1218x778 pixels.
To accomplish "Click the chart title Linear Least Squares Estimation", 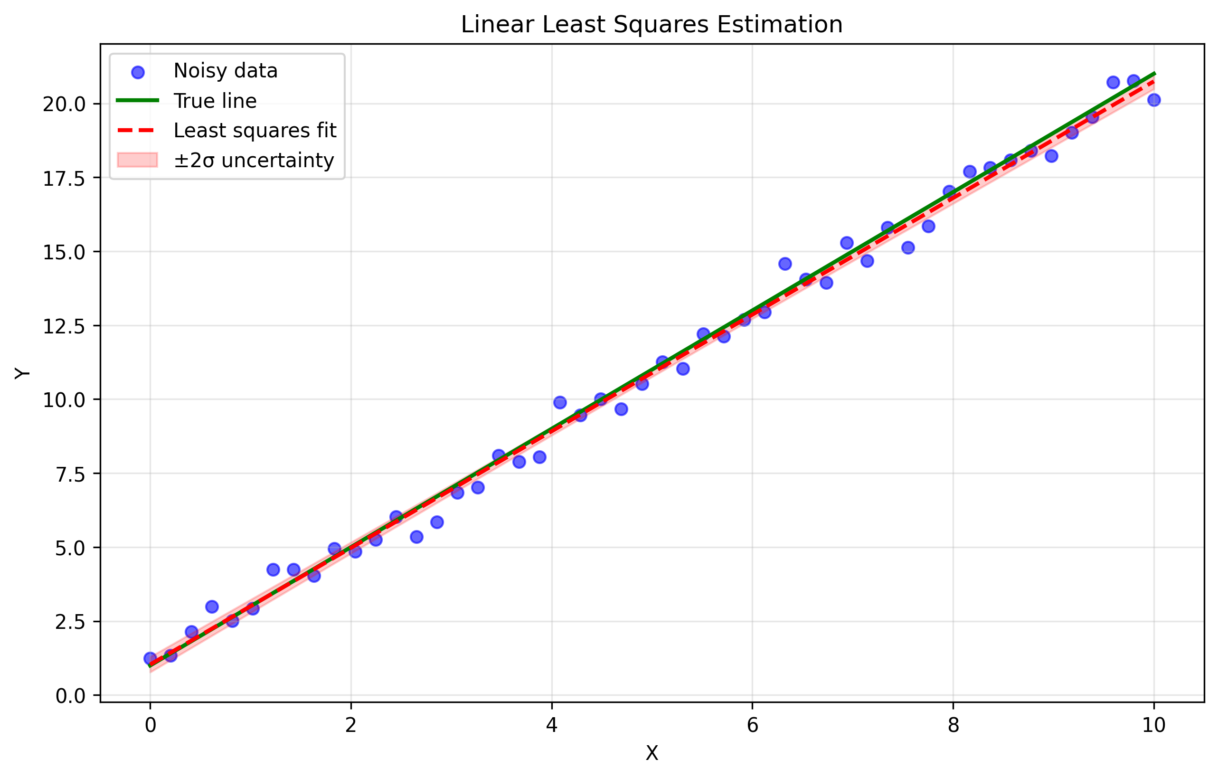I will tap(651, 24).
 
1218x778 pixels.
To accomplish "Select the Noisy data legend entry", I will tap(225, 71).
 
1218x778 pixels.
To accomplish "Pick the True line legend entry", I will tap(215, 101).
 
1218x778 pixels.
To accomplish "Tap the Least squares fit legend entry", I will tap(255, 131).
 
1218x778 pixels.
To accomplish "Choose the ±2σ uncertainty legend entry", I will tap(254, 161).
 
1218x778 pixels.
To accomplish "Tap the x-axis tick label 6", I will tap(752, 725).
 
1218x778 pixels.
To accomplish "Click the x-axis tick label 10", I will tap(1154, 725).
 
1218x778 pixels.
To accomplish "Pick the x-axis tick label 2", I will tap(351, 725).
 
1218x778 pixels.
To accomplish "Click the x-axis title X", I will tap(651, 754).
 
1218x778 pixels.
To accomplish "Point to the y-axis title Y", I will tap(23, 373).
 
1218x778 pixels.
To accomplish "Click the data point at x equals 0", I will tap(150, 658).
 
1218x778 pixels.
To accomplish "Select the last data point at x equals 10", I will tap(1154, 100).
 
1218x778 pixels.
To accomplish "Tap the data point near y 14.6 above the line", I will tap(785, 264).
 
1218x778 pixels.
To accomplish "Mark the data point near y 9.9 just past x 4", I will tap(560, 403).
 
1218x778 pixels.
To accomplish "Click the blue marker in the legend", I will tap(138, 72).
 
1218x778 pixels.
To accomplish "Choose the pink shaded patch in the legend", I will tap(138, 160).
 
